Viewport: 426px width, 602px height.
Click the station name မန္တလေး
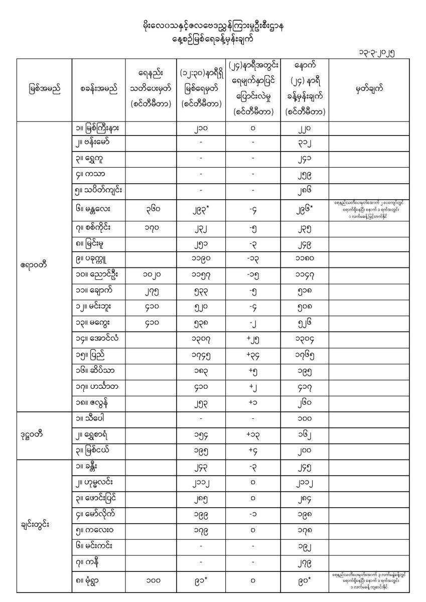[95, 204]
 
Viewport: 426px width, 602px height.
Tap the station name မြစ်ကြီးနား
[98, 128]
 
